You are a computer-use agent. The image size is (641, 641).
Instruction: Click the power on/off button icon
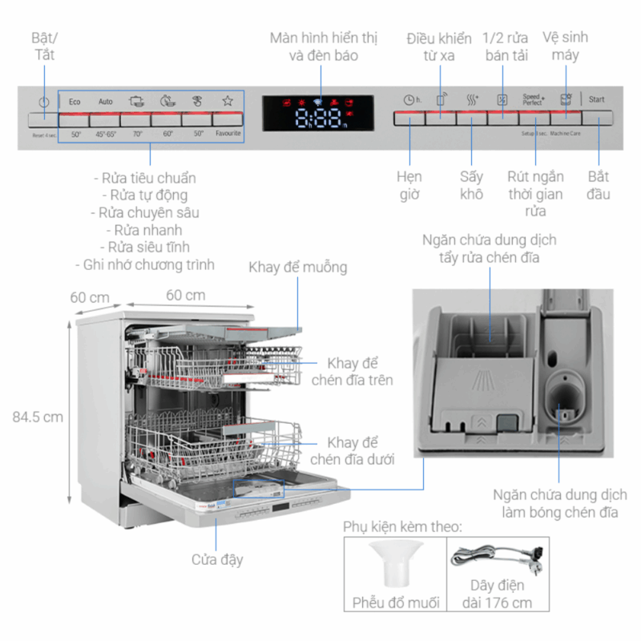click(x=43, y=103)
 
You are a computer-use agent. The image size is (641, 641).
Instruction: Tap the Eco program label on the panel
click(x=75, y=102)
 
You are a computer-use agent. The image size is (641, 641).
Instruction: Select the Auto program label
click(x=106, y=102)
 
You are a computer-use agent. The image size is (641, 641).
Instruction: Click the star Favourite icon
click(x=228, y=101)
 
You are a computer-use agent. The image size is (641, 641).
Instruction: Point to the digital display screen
click(x=318, y=114)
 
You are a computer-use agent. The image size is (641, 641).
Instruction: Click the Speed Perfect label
click(x=533, y=99)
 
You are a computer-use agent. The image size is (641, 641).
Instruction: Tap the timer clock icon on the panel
click(x=410, y=100)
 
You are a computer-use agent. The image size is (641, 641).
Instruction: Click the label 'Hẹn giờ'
click(x=409, y=185)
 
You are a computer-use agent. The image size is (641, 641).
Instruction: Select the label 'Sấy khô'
click(x=471, y=185)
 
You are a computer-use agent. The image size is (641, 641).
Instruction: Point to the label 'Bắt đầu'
click(x=599, y=185)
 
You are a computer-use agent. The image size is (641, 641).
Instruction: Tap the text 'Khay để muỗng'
click(x=297, y=267)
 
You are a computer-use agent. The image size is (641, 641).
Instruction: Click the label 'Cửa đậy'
click(x=217, y=559)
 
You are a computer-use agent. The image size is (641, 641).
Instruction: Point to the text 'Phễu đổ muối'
click(x=396, y=603)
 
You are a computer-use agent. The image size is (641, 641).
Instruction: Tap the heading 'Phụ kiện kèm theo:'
click(x=402, y=526)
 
